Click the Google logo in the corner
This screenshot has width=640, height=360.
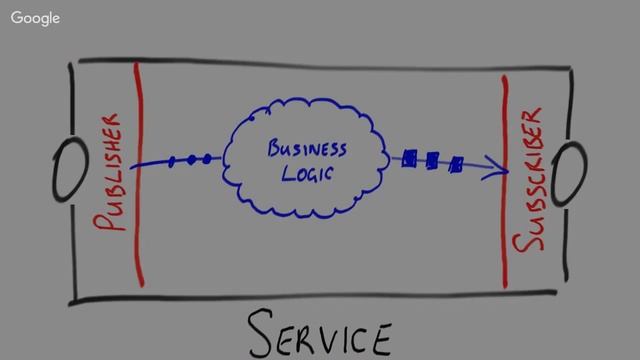pyautogui.click(x=35, y=19)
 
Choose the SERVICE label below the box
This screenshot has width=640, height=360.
pyautogui.click(x=320, y=334)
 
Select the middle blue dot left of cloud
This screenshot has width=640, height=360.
pyautogui.click(x=190, y=159)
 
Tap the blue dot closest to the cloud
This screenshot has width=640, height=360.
pyautogui.click(x=206, y=158)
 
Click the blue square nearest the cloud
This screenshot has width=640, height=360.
pyautogui.click(x=409, y=158)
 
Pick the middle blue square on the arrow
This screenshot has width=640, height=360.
pyautogui.click(x=432, y=160)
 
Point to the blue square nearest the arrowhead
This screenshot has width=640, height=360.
pyautogui.click(x=456, y=163)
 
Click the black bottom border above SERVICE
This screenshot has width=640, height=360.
pyautogui.click(x=320, y=297)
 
